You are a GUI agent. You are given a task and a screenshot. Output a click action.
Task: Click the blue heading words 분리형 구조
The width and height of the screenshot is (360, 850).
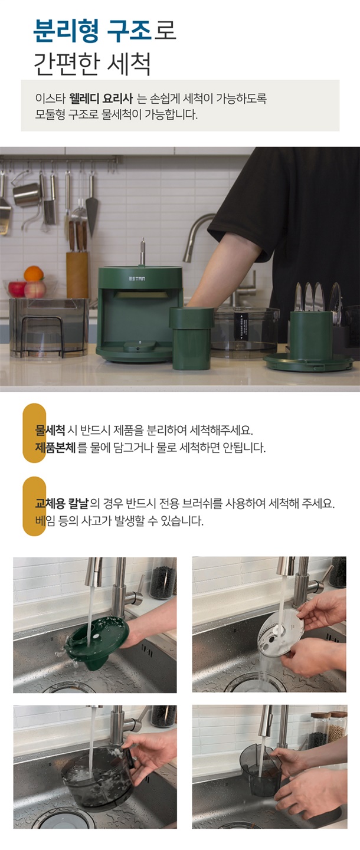[93, 31]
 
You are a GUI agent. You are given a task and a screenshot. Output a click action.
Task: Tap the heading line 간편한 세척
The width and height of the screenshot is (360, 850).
[92, 64]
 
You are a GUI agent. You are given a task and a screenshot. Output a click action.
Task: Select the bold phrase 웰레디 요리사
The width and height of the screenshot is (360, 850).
[101, 99]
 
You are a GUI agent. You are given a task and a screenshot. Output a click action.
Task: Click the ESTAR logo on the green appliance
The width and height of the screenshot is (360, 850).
[136, 279]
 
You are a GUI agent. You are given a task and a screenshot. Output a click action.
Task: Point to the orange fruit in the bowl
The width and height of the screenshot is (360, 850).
[34, 274]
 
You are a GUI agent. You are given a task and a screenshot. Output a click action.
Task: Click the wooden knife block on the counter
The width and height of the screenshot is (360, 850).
[77, 275]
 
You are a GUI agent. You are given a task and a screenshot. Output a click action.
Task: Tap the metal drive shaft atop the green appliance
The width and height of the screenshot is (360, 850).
[142, 251]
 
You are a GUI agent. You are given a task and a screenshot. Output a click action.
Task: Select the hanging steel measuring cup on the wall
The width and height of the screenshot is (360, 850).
[27, 193]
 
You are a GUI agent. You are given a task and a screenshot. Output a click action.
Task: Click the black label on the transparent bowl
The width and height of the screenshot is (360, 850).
[241, 327]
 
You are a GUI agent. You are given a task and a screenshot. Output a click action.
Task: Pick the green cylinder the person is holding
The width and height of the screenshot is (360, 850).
[191, 338]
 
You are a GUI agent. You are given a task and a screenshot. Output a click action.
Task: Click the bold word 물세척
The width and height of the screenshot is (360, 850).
[50, 431]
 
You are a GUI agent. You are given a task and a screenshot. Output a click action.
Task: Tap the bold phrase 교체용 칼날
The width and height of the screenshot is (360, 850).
[61, 504]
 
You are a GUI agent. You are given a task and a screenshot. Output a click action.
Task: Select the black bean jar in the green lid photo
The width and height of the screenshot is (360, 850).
[162, 578]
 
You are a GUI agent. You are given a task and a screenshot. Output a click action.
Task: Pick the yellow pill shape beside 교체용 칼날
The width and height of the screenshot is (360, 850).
[34, 506]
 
